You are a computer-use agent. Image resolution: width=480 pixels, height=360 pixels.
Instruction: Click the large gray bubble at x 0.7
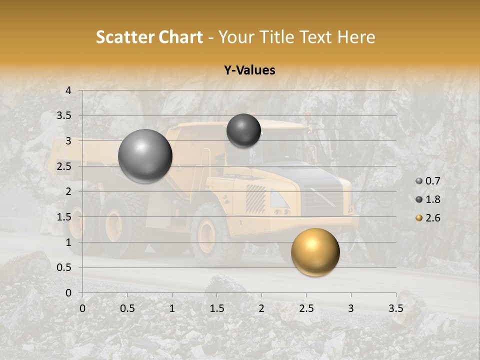pos(145,156)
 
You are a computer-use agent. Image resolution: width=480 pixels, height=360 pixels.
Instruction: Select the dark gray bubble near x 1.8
pos(243,130)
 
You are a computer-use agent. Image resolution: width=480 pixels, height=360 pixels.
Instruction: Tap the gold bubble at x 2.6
pos(315,252)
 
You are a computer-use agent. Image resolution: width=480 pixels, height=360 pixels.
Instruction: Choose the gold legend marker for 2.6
pos(419,218)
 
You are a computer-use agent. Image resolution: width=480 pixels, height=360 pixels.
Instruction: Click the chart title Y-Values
pos(249,70)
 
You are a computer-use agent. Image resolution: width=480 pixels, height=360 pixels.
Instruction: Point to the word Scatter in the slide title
pos(125,37)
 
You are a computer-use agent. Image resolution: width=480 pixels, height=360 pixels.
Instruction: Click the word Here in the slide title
pos(355,37)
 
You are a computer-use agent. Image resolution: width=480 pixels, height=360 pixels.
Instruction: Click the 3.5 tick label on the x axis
pos(395,308)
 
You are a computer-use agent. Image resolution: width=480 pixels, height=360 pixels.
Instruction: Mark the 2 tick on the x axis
pos(261,308)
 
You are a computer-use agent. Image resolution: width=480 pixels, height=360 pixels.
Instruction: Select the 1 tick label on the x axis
pos(172,308)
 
